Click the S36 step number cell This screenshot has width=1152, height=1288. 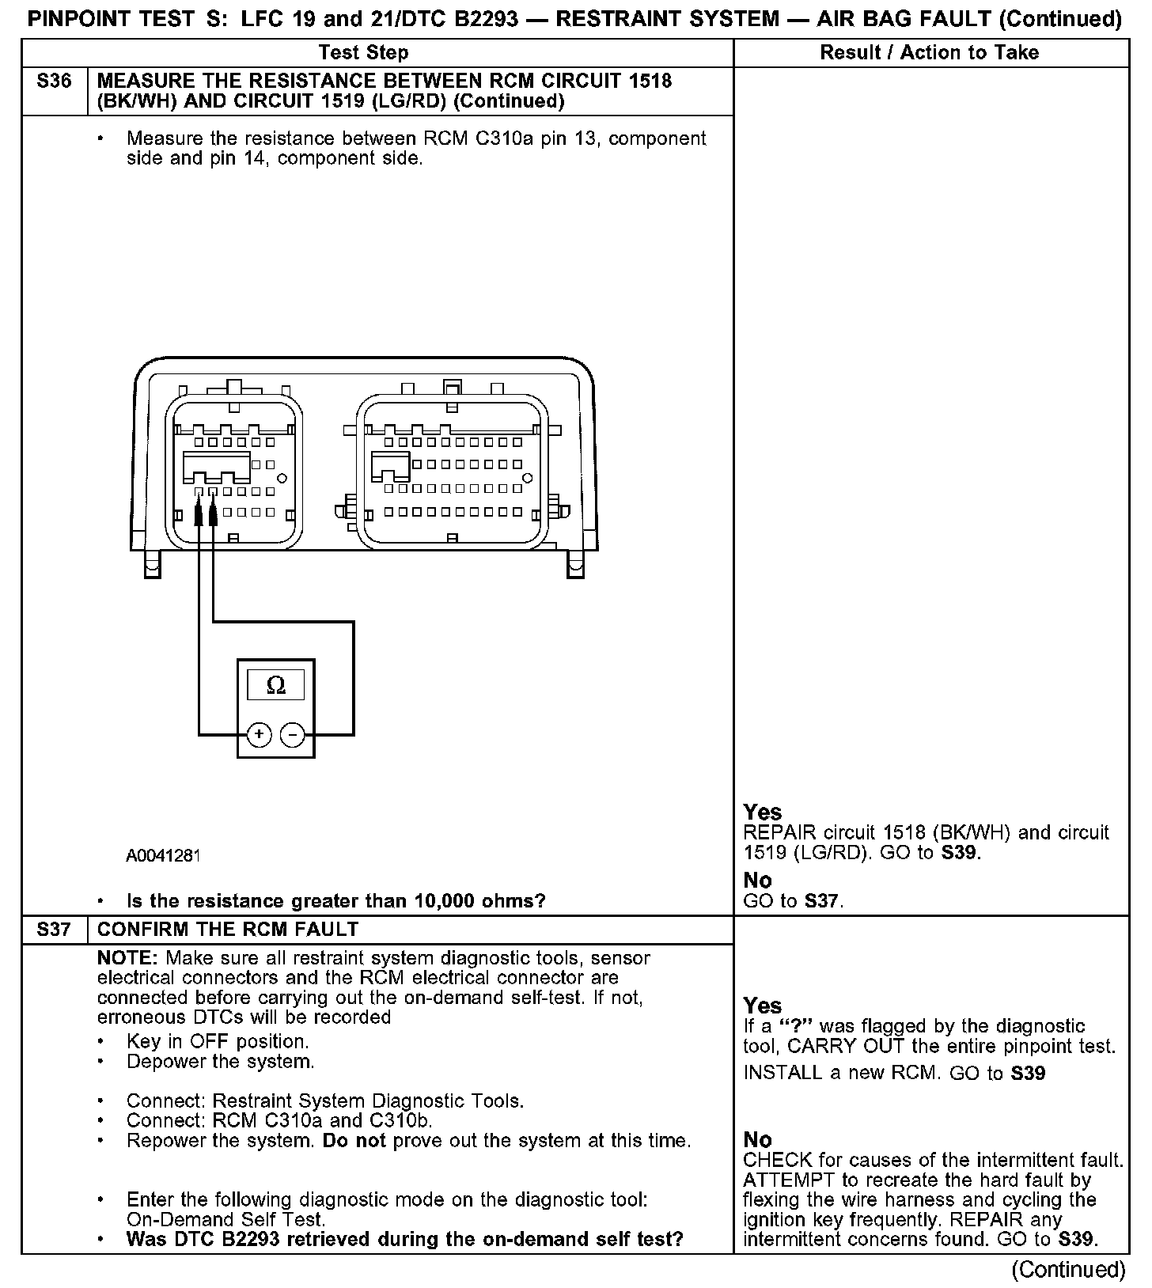pos(54,81)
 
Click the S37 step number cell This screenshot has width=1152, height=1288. pos(54,929)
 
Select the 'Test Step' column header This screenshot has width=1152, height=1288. pos(363,53)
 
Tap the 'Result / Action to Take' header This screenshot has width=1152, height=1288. pos(929,53)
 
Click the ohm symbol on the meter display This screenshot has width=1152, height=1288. pos(276,685)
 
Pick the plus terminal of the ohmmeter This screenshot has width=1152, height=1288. pos(259,735)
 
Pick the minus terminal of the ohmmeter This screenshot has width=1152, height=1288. pos(293,735)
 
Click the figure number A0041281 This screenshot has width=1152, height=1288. pos(163,855)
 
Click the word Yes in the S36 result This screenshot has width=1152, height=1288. pos(763,813)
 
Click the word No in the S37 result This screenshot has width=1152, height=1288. pos(758,1139)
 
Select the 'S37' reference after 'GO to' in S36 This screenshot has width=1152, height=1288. pos(822,901)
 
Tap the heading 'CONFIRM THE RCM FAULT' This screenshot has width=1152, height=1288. pos(228,929)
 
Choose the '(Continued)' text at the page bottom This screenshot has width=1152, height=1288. pos(1067,1270)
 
